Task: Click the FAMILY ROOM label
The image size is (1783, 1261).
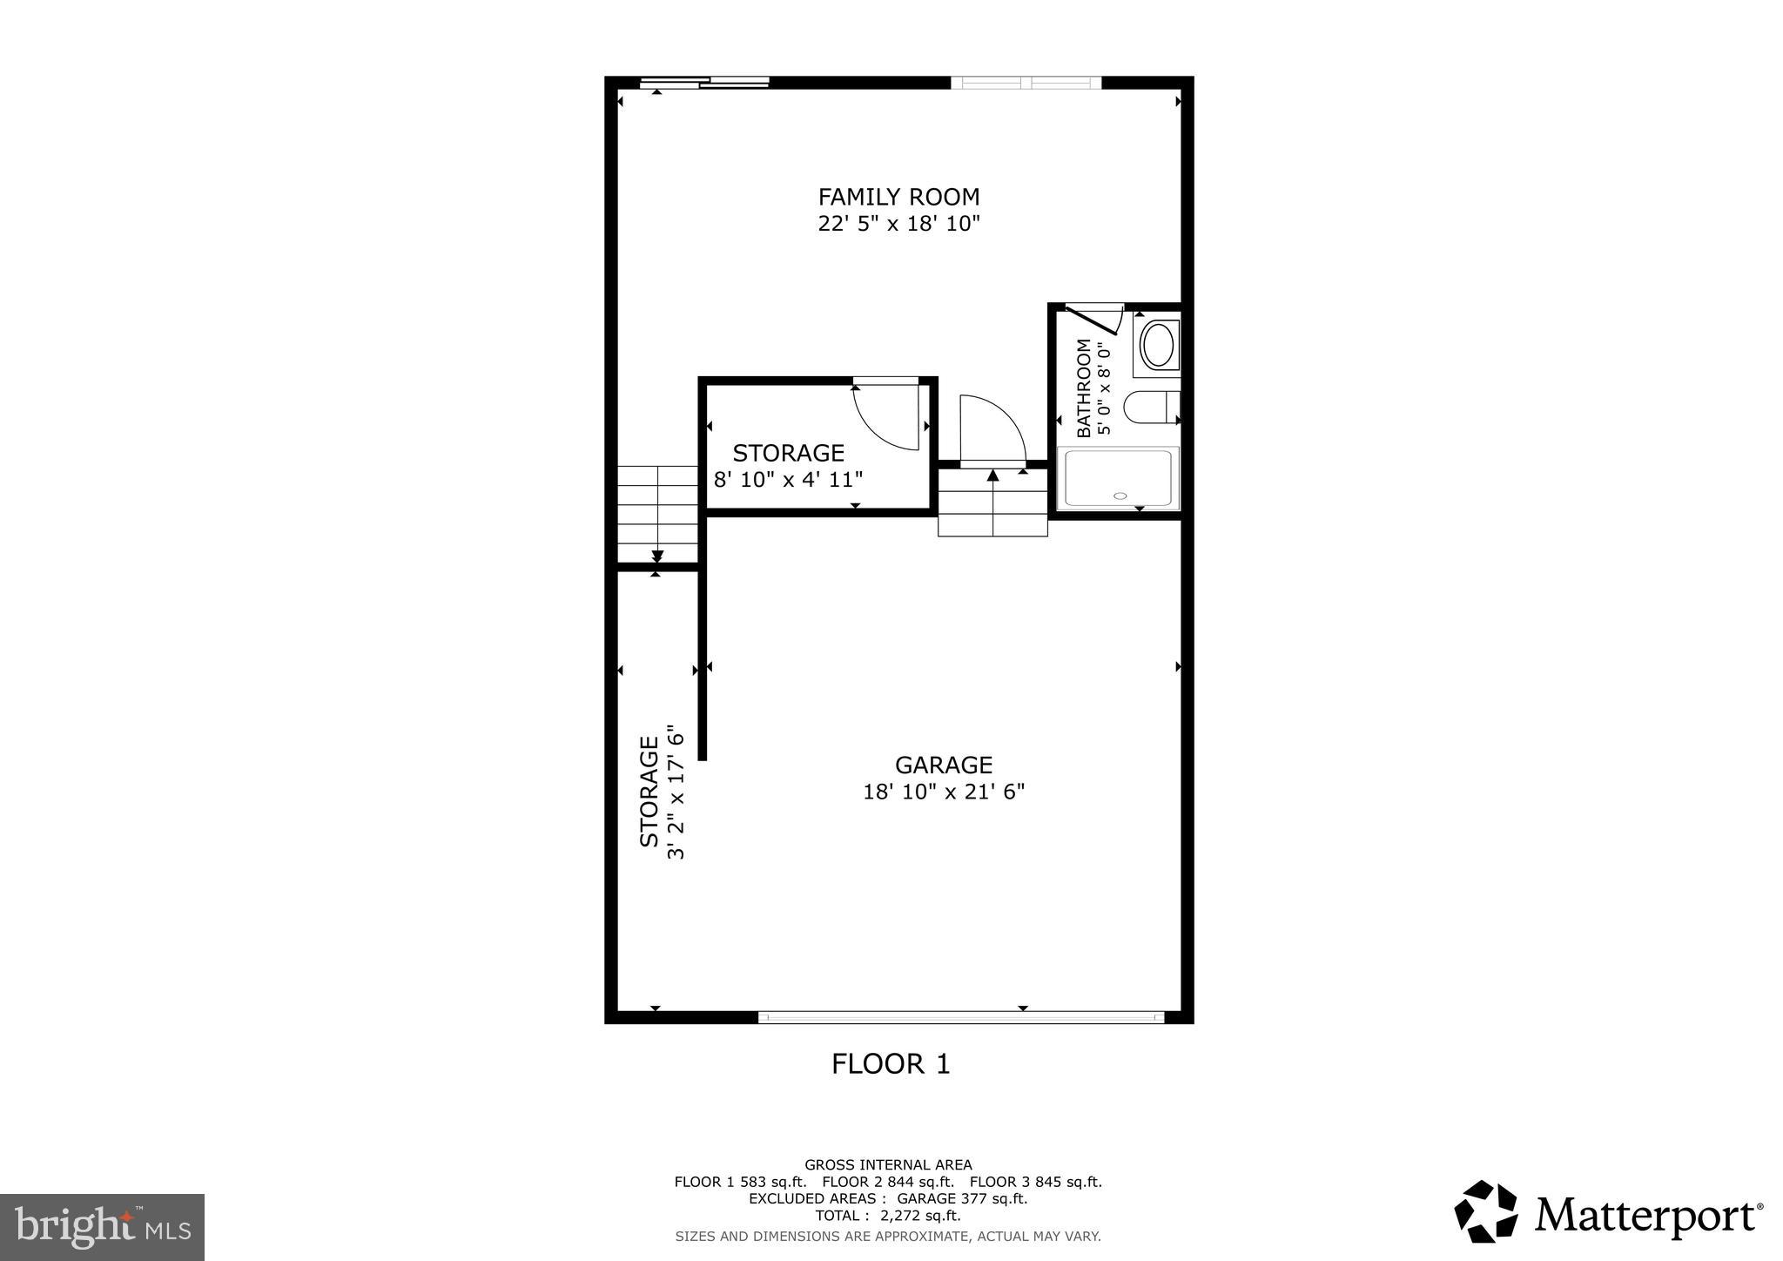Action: pyautogui.click(x=898, y=197)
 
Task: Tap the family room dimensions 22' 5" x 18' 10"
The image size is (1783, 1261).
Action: pyautogui.click(x=898, y=224)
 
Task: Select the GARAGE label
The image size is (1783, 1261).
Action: pyautogui.click(x=944, y=765)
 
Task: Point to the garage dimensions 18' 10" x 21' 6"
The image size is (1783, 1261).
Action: pyautogui.click(x=944, y=792)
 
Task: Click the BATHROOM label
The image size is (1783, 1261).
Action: pyautogui.click(x=1084, y=388)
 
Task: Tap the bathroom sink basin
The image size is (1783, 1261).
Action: pyautogui.click(x=1157, y=346)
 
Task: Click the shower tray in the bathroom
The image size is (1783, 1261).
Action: pyautogui.click(x=1118, y=478)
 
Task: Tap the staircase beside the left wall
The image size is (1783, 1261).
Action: pyautogui.click(x=657, y=514)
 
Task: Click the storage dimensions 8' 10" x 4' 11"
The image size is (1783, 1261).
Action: pyautogui.click(x=788, y=479)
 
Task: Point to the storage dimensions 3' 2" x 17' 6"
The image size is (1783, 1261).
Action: pyautogui.click(x=676, y=792)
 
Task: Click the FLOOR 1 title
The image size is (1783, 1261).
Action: pyautogui.click(x=891, y=1063)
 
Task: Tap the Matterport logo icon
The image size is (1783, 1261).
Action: pyautogui.click(x=1485, y=1211)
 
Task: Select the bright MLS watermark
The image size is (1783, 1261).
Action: pyautogui.click(x=102, y=1227)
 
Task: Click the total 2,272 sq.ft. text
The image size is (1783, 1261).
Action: pyautogui.click(x=887, y=1216)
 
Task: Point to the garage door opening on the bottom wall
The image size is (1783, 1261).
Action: pyautogui.click(x=961, y=1016)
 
